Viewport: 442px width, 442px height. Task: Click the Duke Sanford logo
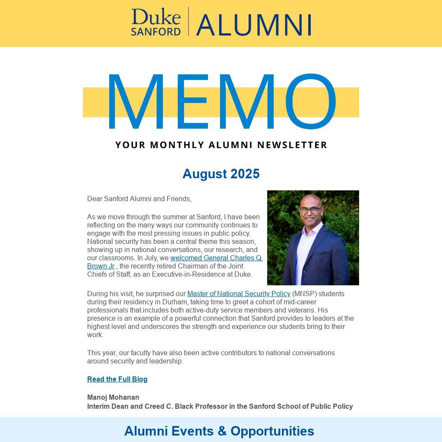[156, 22]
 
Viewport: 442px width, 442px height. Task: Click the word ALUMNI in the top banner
[254, 25]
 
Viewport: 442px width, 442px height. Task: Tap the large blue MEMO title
[221, 102]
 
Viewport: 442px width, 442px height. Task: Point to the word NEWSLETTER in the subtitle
[292, 145]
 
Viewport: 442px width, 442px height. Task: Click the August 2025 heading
[221, 174]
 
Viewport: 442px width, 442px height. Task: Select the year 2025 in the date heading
[245, 174]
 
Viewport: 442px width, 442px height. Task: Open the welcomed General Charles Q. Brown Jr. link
[216, 258]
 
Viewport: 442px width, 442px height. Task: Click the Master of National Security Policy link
[239, 294]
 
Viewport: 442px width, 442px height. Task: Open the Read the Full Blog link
[117, 379]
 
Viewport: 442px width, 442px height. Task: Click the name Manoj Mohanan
[113, 398]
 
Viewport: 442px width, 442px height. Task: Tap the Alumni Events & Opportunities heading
[219, 431]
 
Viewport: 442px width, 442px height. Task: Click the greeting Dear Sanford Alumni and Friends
[139, 199]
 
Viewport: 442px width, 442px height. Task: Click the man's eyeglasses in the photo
[310, 210]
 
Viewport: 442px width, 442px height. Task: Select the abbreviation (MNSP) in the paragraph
[304, 294]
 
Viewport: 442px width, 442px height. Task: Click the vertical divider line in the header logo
[188, 21]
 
